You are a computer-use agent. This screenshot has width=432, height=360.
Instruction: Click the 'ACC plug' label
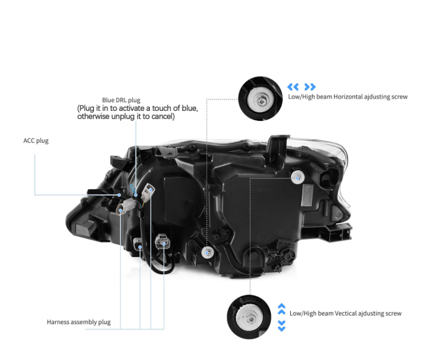(x=36, y=141)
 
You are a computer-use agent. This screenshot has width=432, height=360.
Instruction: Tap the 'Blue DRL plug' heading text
(x=121, y=100)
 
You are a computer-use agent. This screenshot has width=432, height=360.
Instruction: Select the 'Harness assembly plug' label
(x=79, y=322)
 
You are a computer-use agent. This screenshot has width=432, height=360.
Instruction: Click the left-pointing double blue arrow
(x=293, y=87)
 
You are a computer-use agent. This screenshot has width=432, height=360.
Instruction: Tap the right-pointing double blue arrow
(x=310, y=87)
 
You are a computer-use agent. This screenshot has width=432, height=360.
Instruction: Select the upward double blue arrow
(x=282, y=309)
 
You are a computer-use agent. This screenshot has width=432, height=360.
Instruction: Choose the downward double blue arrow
(x=282, y=326)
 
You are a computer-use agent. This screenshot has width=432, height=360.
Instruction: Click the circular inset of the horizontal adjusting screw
(x=260, y=98)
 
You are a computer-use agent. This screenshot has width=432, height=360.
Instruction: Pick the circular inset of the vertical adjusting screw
(x=249, y=317)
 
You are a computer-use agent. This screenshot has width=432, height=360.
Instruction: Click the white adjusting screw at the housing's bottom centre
(x=208, y=252)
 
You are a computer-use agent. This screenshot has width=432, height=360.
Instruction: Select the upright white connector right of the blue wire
(x=148, y=193)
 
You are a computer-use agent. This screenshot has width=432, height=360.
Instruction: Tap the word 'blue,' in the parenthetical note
(x=190, y=108)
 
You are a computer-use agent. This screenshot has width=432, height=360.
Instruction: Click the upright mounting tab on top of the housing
(x=278, y=147)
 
